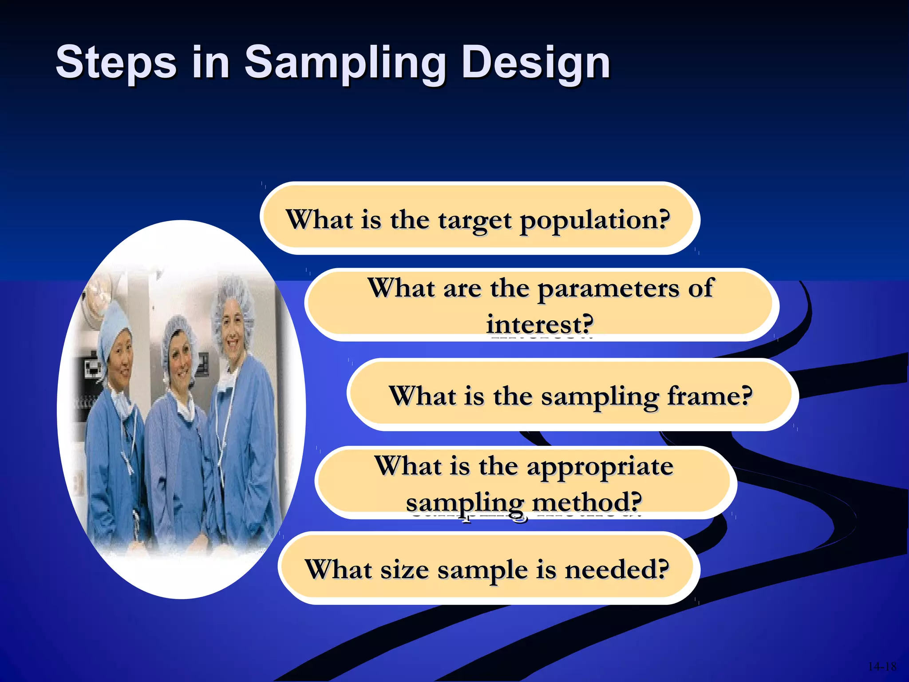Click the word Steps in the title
[116, 63]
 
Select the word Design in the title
[536, 63]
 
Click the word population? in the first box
[595, 220]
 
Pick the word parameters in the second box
[608, 289]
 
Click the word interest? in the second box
[540, 325]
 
